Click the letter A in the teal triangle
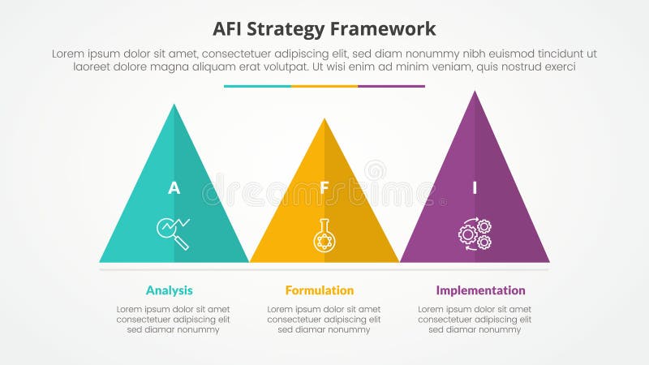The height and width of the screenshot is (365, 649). [x=174, y=188]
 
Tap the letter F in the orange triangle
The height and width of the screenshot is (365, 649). [x=324, y=188]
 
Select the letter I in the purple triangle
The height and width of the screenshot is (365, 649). [x=475, y=188]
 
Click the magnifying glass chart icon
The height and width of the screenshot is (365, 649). [x=173, y=233]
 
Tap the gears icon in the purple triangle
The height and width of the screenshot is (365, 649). [x=475, y=234]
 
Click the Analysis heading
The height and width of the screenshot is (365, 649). [x=170, y=290]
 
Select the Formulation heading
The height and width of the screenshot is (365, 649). [x=320, y=290]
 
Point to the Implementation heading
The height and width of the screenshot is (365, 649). [x=480, y=290]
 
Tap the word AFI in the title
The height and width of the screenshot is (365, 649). [x=229, y=29]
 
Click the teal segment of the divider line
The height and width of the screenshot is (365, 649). [x=257, y=86]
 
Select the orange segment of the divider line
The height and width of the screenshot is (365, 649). [x=324, y=86]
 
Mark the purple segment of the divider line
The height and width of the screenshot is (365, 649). [x=391, y=86]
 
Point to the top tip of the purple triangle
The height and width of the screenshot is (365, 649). [x=475, y=92]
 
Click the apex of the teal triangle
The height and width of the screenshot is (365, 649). [x=174, y=106]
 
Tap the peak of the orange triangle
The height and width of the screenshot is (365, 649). [x=324, y=121]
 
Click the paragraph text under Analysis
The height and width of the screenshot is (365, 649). [x=173, y=320]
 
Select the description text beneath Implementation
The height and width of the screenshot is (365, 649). [x=475, y=320]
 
